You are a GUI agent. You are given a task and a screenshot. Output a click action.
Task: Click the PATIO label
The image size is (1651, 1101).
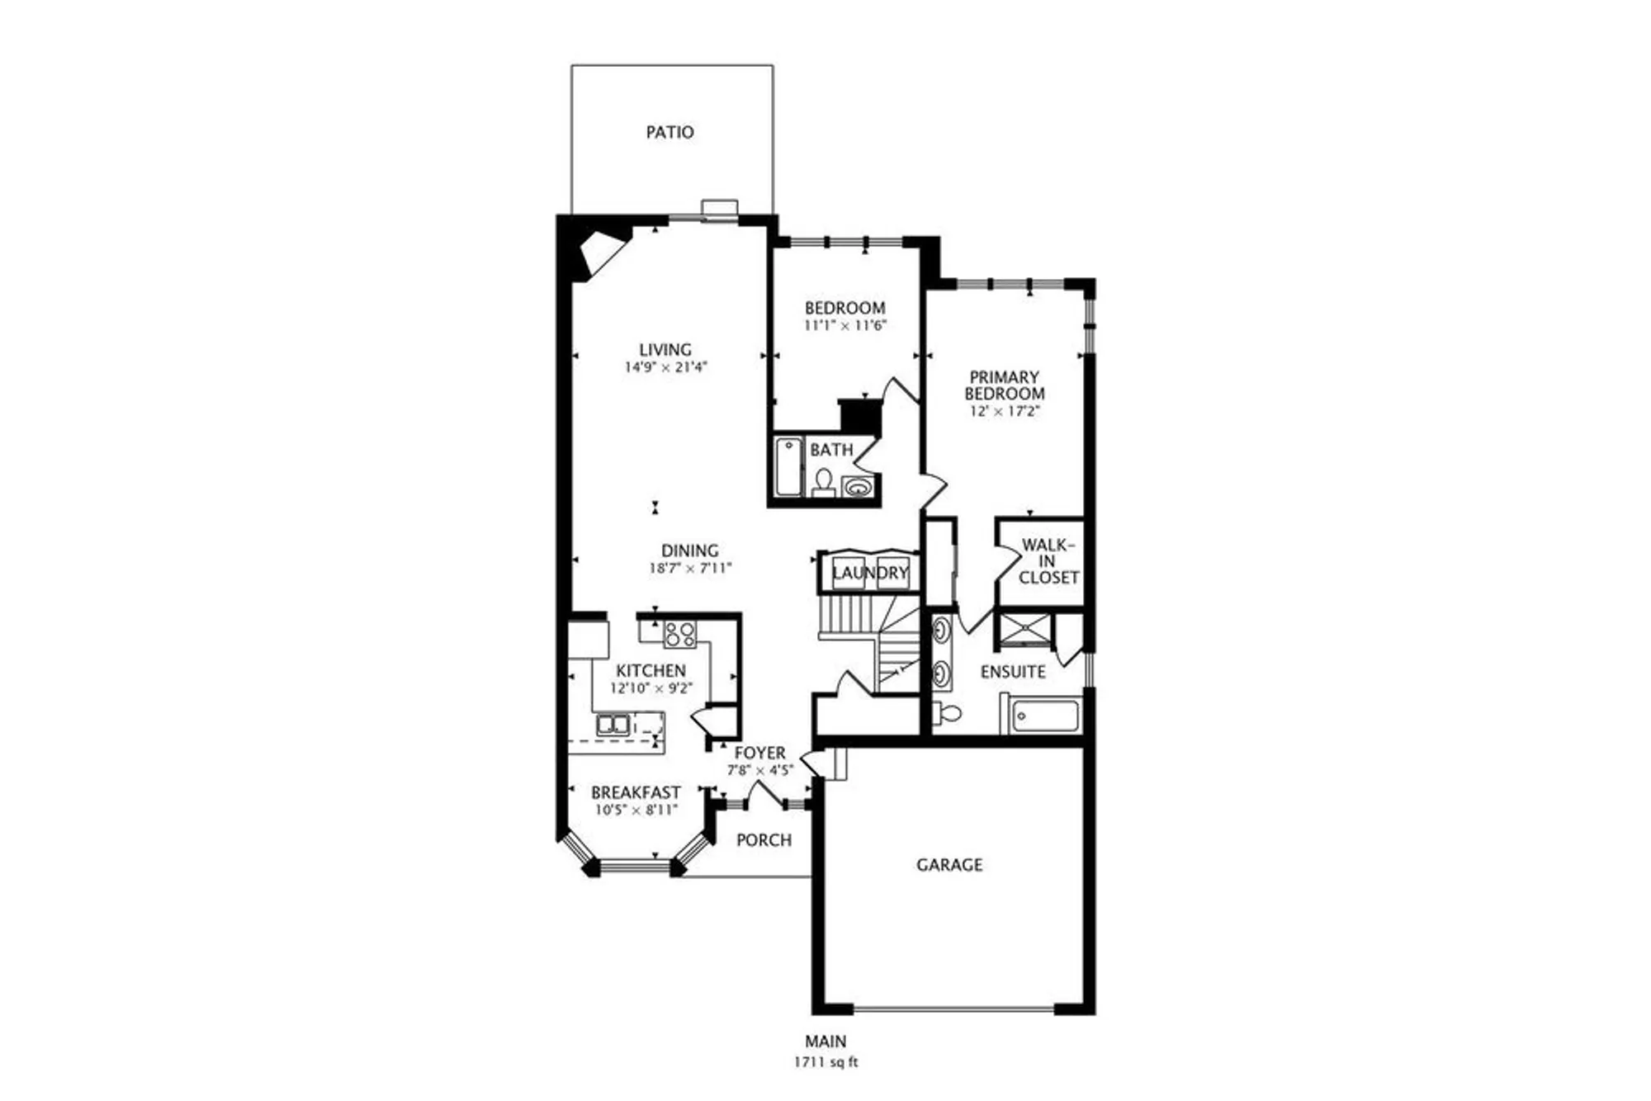(x=669, y=132)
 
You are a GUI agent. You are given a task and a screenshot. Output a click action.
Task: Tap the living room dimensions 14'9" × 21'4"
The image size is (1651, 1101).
(x=665, y=367)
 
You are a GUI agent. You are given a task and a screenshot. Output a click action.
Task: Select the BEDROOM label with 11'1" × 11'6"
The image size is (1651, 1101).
(x=844, y=308)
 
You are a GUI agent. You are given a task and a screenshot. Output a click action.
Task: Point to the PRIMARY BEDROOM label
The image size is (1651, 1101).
(x=1004, y=385)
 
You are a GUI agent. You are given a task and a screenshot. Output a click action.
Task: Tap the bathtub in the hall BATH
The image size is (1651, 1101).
(x=788, y=467)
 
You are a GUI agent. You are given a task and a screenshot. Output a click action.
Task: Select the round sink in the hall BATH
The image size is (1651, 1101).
(x=859, y=487)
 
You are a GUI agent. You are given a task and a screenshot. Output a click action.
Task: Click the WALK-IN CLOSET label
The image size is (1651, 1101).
(x=1048, y=561)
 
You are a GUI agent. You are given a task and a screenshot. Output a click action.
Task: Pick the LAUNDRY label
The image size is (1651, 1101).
(x=869, y=573)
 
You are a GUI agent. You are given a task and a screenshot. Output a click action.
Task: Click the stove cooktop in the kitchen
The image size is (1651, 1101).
(x=680, y=634)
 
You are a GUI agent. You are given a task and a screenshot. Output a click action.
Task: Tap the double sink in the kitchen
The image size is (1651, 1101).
(x=613, y=725)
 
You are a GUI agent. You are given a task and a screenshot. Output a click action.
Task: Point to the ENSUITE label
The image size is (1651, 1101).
(x=1013, y=672)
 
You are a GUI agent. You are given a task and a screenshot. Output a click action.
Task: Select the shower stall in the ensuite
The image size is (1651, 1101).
(x=1025, y=628)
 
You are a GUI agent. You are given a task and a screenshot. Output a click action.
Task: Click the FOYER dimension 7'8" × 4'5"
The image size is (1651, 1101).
(x=759, y=770)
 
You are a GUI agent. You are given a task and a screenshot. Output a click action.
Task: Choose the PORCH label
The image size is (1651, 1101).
(x=764, y=840)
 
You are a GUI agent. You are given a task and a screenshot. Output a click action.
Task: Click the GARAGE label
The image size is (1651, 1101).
(x=949, y=865)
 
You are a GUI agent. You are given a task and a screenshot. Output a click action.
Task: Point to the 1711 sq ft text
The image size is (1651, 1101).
(x=825, y=1062)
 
